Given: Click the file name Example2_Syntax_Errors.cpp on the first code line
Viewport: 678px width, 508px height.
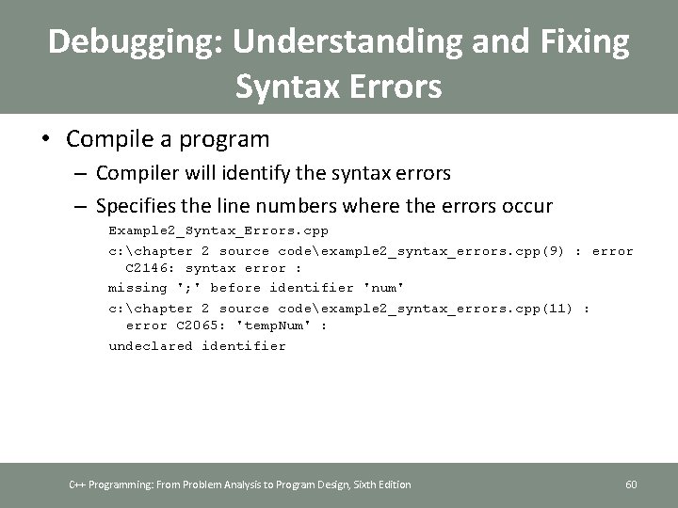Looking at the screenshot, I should pos(218,230).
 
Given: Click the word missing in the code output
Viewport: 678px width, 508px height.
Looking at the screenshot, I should pos(137,288).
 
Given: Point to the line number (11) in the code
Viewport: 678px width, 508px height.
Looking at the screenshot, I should pos(555,307).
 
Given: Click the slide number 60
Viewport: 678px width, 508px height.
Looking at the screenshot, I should pos(631,484).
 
